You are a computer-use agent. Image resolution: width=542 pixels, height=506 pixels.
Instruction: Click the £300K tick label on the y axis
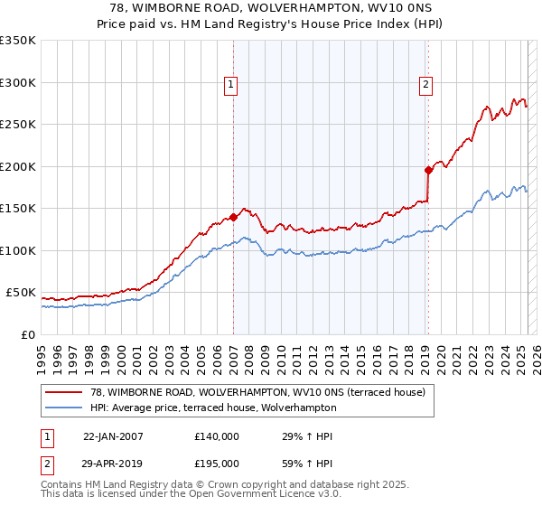coord(18,82)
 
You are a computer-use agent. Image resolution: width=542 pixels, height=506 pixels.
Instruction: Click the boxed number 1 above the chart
coord(231,86)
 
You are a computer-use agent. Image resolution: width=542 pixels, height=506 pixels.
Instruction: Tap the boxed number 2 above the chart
coord(425,86)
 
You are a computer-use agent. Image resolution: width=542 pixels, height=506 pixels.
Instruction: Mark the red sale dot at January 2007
coord(233,217)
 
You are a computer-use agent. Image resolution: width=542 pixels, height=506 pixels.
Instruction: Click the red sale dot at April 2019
coord(428,170)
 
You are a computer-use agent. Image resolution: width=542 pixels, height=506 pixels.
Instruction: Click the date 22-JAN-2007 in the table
coord(113,436)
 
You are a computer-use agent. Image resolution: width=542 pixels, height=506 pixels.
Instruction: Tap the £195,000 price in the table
coord(217,464)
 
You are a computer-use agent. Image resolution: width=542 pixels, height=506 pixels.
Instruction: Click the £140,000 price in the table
coord(217,436)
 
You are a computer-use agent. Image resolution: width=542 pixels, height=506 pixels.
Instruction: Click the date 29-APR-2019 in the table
coord(113,464)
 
